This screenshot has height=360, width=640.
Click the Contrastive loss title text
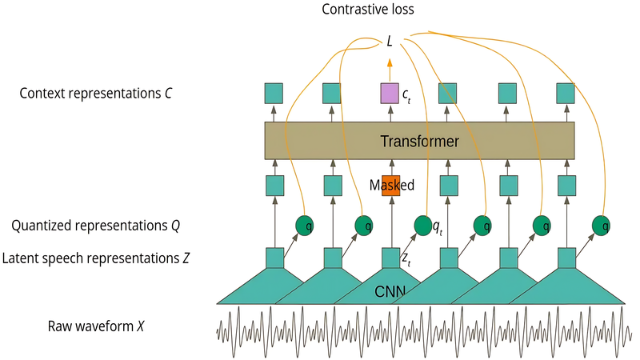tap(368, 9)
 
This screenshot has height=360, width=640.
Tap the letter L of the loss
tap(390, 42)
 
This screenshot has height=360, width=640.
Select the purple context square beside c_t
tap(390, 93)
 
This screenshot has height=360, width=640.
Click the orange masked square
tap(390, 186)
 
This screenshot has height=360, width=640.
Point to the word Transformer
tap(419, 142)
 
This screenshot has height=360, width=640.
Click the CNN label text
tap(390, 291)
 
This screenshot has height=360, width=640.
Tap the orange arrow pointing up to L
tap(390, 70)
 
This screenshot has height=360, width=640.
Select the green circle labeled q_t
tap(423, 226)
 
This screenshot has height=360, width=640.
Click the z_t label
tap(406, 259)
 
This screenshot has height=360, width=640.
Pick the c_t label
tap(406, 95)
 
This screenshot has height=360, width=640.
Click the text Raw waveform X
tap(96, 326)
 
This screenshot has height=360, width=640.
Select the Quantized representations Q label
tap(95, 226)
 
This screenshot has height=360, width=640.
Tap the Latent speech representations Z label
tap(95, 258)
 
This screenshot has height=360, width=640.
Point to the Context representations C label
tap(95, 93)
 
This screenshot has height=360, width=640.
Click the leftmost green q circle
tap(305, 226)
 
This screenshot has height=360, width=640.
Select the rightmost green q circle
tap(601, 226)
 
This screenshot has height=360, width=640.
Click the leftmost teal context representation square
tap(274, 93)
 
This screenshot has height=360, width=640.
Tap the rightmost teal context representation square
tap(566, 93)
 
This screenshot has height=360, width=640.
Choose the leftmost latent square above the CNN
tap(274, 258)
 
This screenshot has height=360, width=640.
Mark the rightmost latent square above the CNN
tap(566, 258)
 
